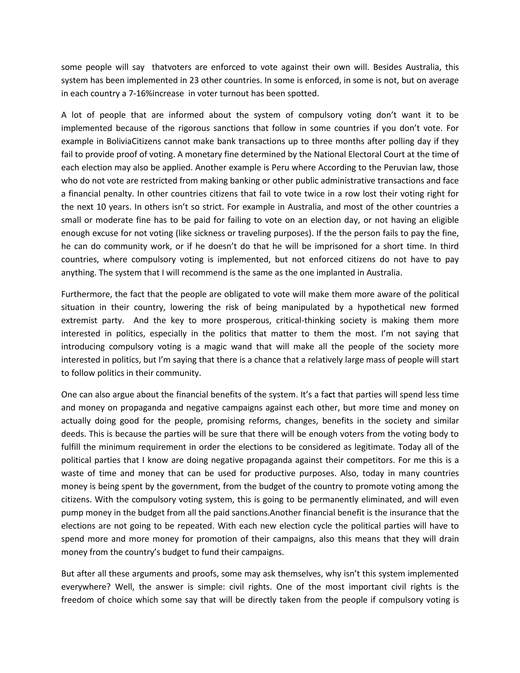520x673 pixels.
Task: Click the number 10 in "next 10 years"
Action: (x=101, y=207)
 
